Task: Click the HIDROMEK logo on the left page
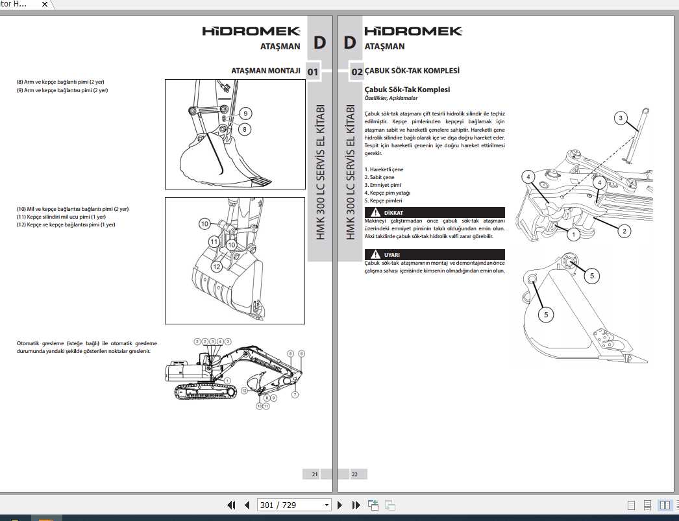251,31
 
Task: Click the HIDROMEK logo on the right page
413,31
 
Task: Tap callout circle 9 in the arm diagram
245,114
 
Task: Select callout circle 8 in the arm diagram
245,129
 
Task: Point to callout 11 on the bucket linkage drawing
214,241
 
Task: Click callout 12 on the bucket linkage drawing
217,266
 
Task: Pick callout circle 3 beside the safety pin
621,118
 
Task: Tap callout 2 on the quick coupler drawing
624,231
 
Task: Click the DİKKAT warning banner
434,213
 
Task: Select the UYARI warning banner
434,255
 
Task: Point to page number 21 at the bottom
315,474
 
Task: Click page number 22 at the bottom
354,474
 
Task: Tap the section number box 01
312,71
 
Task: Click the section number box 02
356,71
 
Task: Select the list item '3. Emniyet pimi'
382,185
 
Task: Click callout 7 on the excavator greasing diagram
295,394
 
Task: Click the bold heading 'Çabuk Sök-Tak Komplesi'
407,90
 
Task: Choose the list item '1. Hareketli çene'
384,169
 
